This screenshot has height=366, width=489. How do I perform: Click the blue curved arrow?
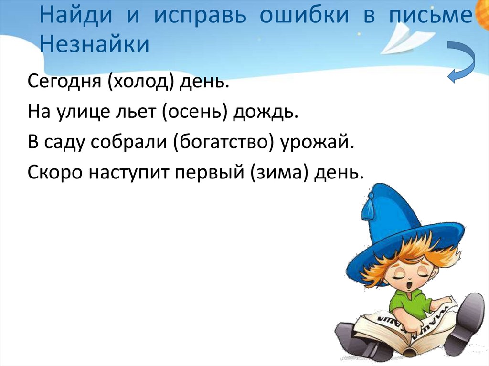coord(461,61)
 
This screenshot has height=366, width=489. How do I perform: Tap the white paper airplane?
coord(407,37)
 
